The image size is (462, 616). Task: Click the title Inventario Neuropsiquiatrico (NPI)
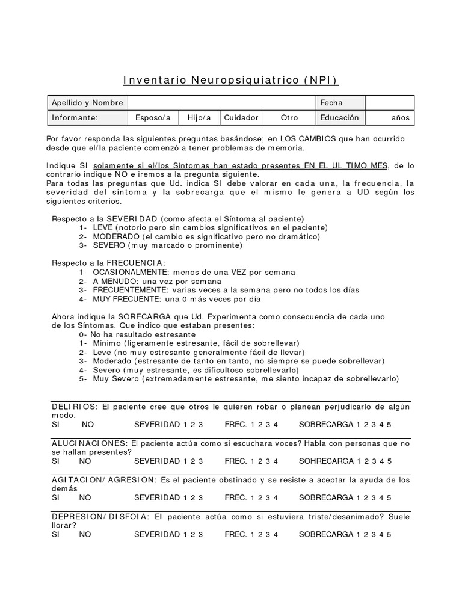tap(231, 81)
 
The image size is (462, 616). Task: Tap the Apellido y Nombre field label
tap(87, 103)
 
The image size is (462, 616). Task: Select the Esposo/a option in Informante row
tap(153, 118)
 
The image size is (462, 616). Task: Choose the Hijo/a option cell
tap(199, 118)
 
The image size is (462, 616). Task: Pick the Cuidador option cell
tap(241, 118)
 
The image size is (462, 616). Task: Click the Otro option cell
tap(289, 118)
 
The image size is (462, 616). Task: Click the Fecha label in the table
tap(331, 103)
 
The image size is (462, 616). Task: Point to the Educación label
tap(339, 118)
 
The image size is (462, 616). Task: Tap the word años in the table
tap(400, 118)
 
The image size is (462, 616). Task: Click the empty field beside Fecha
tap(389, 103)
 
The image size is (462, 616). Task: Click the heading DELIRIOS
tap(75, 407)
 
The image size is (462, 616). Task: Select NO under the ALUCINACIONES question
tap(85, 461)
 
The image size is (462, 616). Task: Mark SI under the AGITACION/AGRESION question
tap(56, 497)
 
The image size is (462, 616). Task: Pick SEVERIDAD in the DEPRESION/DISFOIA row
tap(156, 534)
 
